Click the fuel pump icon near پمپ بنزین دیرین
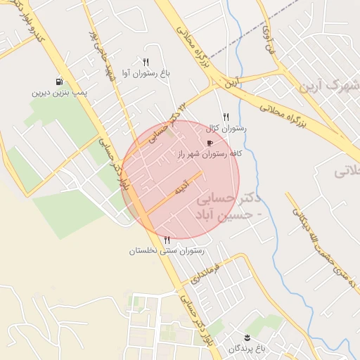(x=58, y=82)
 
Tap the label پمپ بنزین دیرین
(x=59, y=92)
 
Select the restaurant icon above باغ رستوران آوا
(x=146, y=62)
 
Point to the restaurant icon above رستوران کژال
(x=226, y=117)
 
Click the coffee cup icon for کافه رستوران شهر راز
(x=210, y=143)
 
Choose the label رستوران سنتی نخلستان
(x=167, y=250)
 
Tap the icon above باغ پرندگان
(x=247, y=338)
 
